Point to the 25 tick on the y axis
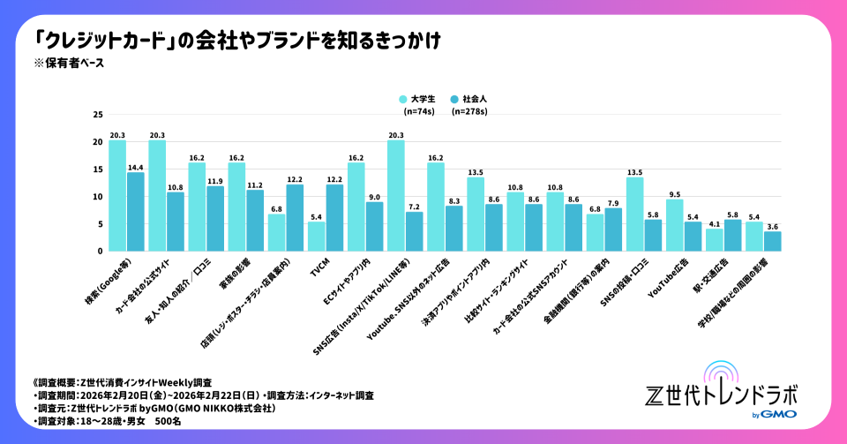(x=97, y=115)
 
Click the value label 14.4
(x=135, y=167)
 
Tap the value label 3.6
(x=772, y=226)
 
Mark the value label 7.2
(x=414, y=207)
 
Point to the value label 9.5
(x=674, y=193)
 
